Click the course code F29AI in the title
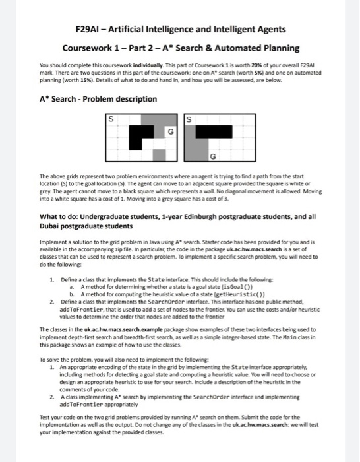click(87, 29)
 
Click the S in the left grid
click(111, 119)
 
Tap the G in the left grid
click(171, 132)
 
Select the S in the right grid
click(189, 119)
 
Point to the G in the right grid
click(213, 156)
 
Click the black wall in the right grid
click(214, 132)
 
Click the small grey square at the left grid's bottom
click(160, 155)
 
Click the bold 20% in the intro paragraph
click(256, 65)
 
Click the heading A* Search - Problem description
click(98, 99)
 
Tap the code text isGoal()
click(237, 287)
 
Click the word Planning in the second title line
click(282, 48)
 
